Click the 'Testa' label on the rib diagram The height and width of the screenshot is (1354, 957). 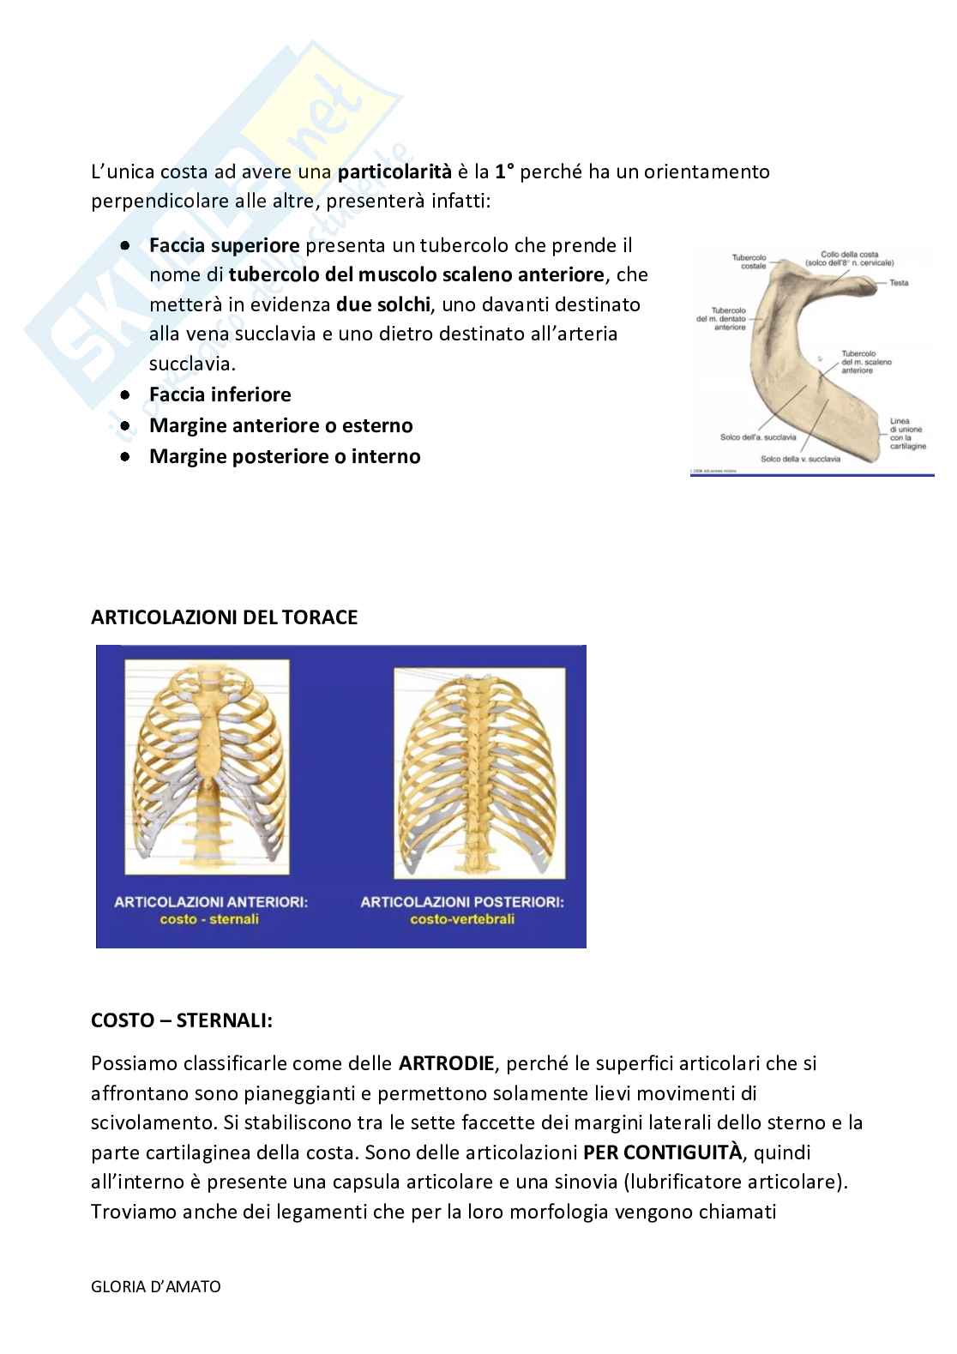point(899,283)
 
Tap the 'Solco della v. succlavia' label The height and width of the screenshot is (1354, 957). point(800,459)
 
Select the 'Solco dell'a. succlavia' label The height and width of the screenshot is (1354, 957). point(758,437)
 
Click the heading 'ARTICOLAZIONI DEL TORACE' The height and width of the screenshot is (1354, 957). point(224,617)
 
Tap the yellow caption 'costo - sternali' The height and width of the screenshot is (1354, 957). point(209,920)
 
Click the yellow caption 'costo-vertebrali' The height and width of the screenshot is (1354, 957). point(462,920)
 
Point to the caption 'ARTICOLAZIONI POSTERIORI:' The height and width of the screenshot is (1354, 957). point(462,902)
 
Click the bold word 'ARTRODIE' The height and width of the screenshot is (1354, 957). point(447,1064)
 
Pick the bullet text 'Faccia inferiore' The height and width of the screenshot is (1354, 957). point(220,394)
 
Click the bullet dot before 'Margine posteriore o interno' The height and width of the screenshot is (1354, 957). point(125,456)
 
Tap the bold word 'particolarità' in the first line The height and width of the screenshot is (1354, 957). point(394,172)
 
